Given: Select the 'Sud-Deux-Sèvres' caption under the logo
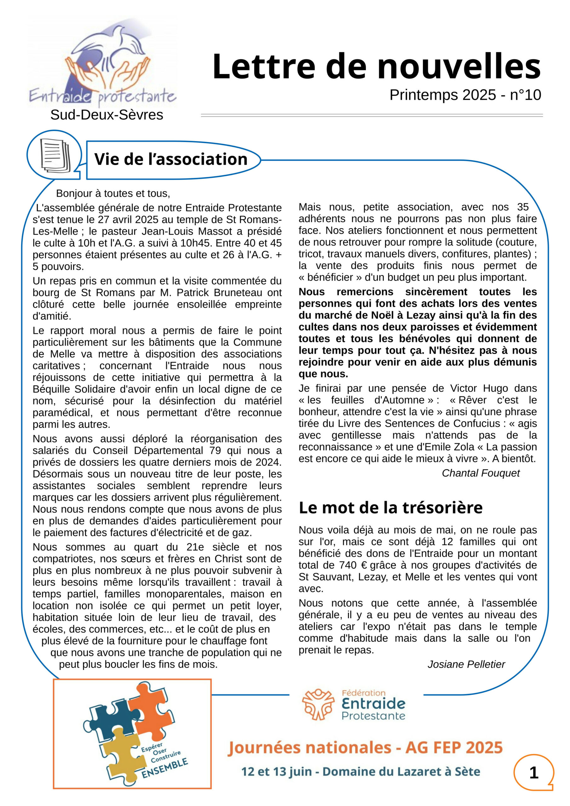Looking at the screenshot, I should pyautogui.click(x=107, y=115).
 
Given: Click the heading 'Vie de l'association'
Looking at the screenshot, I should pyautogui.click(x=171, y=159).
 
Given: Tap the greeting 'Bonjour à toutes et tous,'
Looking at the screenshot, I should pyautogui.click(x=113, y=193).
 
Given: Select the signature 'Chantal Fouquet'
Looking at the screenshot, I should pyautogui.click(x=481, y=473).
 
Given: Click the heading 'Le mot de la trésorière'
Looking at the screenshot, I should pyautogui.click(x=390, y=508).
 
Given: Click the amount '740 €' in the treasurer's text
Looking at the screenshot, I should pyautogui.click(x=352, y=565).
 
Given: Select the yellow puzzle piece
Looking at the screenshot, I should pyautogui.click(x=123, y=755).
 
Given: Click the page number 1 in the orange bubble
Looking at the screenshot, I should pyautogui.click(x=533, y=772).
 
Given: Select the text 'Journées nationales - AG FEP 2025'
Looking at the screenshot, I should pyautogui.click(x=365, y=747).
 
